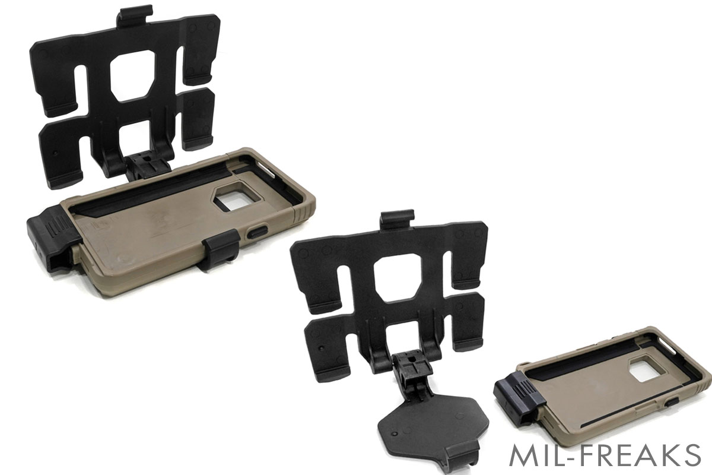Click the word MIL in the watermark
pos(531,455)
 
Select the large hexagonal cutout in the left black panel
pos(132,75)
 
